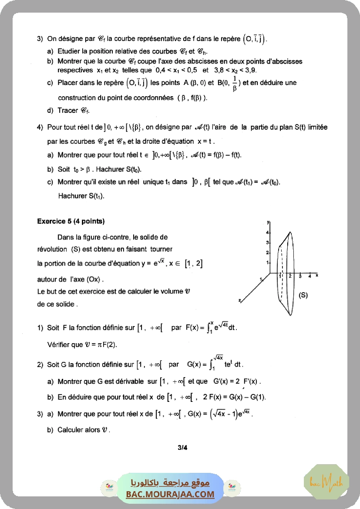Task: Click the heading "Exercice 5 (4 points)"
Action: pyautogui.click(x=71, y=221)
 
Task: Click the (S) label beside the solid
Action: pyautogui.click(x=303, y=295)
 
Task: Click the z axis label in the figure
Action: pyautogui.click(x=240, y=300)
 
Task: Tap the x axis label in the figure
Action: pyautogui.click(x=317, y=275)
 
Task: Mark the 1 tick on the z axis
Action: pyautogui.click(x=260, y=278)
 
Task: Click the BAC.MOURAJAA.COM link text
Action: pyautogui.click(x=170, y=494)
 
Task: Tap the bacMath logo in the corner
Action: pyautogui.click(x=326, y=482)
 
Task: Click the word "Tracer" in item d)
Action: pyautogui.click(x=67, y=111)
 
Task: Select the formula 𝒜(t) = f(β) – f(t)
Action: pyautogui.click(x=216, y=155)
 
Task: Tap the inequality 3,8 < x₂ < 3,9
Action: pyautogui.click(x=237, y=70)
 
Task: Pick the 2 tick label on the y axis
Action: pyautogui.click(x=268, y=253)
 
